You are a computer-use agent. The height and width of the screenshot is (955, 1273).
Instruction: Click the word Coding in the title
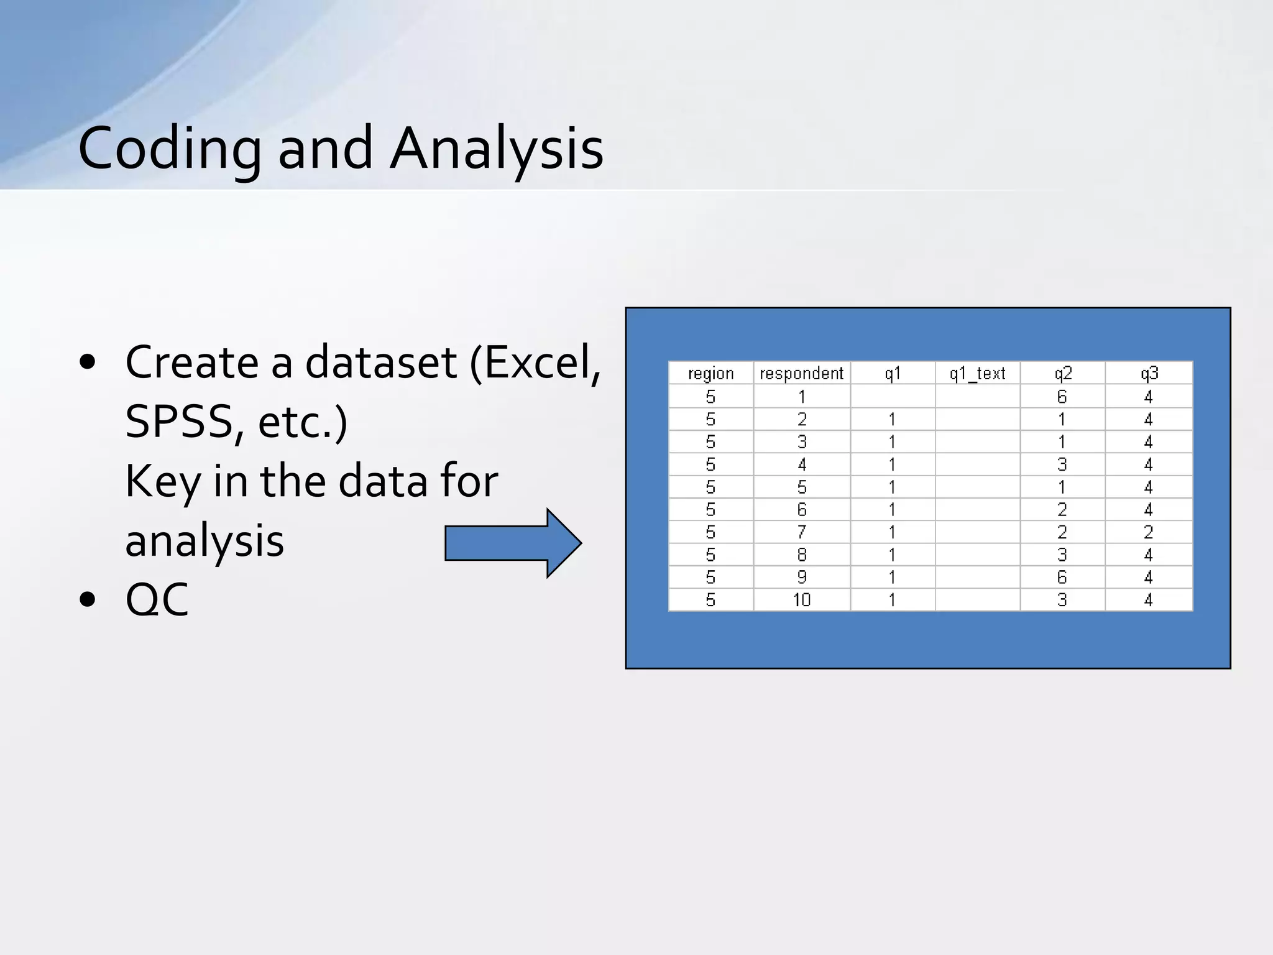pos(169,149)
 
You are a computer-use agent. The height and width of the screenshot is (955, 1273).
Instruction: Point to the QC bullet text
pos(157,599)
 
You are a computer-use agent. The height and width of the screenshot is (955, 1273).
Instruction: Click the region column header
pos(710,373)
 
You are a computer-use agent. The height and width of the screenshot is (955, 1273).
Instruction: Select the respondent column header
pos(801,373)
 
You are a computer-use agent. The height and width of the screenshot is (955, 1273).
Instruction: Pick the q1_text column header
pos(977,373)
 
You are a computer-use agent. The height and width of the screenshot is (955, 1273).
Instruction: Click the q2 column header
pos(1062,373)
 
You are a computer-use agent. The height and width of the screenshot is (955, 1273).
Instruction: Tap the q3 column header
pos(1149,373)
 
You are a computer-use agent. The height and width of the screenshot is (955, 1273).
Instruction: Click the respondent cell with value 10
pos(801,600)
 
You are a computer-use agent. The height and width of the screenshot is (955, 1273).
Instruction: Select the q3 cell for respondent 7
pos(1149,532)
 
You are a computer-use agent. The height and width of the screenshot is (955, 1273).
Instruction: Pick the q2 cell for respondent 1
pos(1062,396)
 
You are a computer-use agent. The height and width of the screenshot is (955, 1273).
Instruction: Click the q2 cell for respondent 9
pos(1062,577)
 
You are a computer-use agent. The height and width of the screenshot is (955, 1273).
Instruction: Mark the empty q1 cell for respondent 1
pos(893,396)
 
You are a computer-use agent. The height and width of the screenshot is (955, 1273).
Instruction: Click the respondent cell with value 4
pos(801,464)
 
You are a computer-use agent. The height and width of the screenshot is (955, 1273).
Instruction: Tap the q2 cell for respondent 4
pos(1062,464)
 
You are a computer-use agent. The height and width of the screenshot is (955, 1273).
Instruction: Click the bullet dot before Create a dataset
pos(88,362)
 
